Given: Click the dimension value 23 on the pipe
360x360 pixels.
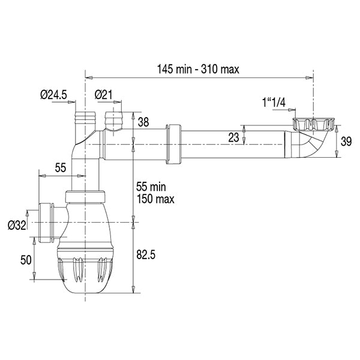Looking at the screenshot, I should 234,137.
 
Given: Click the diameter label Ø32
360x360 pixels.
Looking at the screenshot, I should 16,225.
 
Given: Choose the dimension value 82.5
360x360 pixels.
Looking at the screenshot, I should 146,255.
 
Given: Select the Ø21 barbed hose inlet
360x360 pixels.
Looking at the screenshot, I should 113,118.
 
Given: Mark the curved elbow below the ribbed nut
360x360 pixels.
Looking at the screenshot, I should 311,146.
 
